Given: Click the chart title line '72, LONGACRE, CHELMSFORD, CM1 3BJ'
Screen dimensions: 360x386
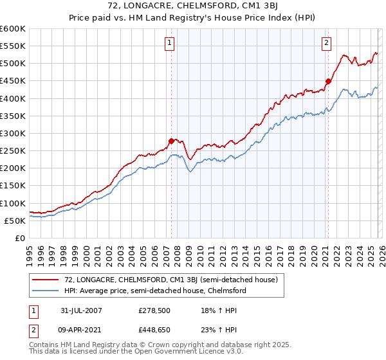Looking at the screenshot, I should coord(193,6).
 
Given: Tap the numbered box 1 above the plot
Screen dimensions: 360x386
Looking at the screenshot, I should coord(169,43).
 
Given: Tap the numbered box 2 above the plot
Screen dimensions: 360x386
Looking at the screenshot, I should coord(326,43).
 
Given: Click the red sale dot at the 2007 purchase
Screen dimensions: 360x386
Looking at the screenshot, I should coord(172,141).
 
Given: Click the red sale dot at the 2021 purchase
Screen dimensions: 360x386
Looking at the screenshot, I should coord(328,81).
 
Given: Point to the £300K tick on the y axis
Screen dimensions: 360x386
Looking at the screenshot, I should coord(13,133).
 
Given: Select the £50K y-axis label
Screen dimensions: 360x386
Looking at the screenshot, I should coord(15,221).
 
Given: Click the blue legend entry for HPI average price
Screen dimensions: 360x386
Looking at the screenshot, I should coord(155,291).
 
